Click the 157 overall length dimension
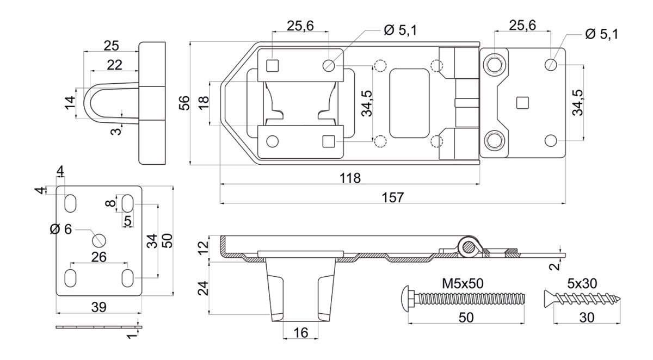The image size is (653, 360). click(x=393, y=197)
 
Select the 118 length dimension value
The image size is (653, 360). click(x=350, y=178)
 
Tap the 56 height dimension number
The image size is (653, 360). click(x=184, y=103)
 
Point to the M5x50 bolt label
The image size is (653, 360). click(x=463, y=283)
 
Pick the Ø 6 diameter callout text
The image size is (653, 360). click(x=60, y=229)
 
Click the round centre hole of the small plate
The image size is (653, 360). click(x=99, y=240)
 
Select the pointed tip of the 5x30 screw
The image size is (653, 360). click(x=620, y=299)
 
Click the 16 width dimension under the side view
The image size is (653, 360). click(x=301, y=333)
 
